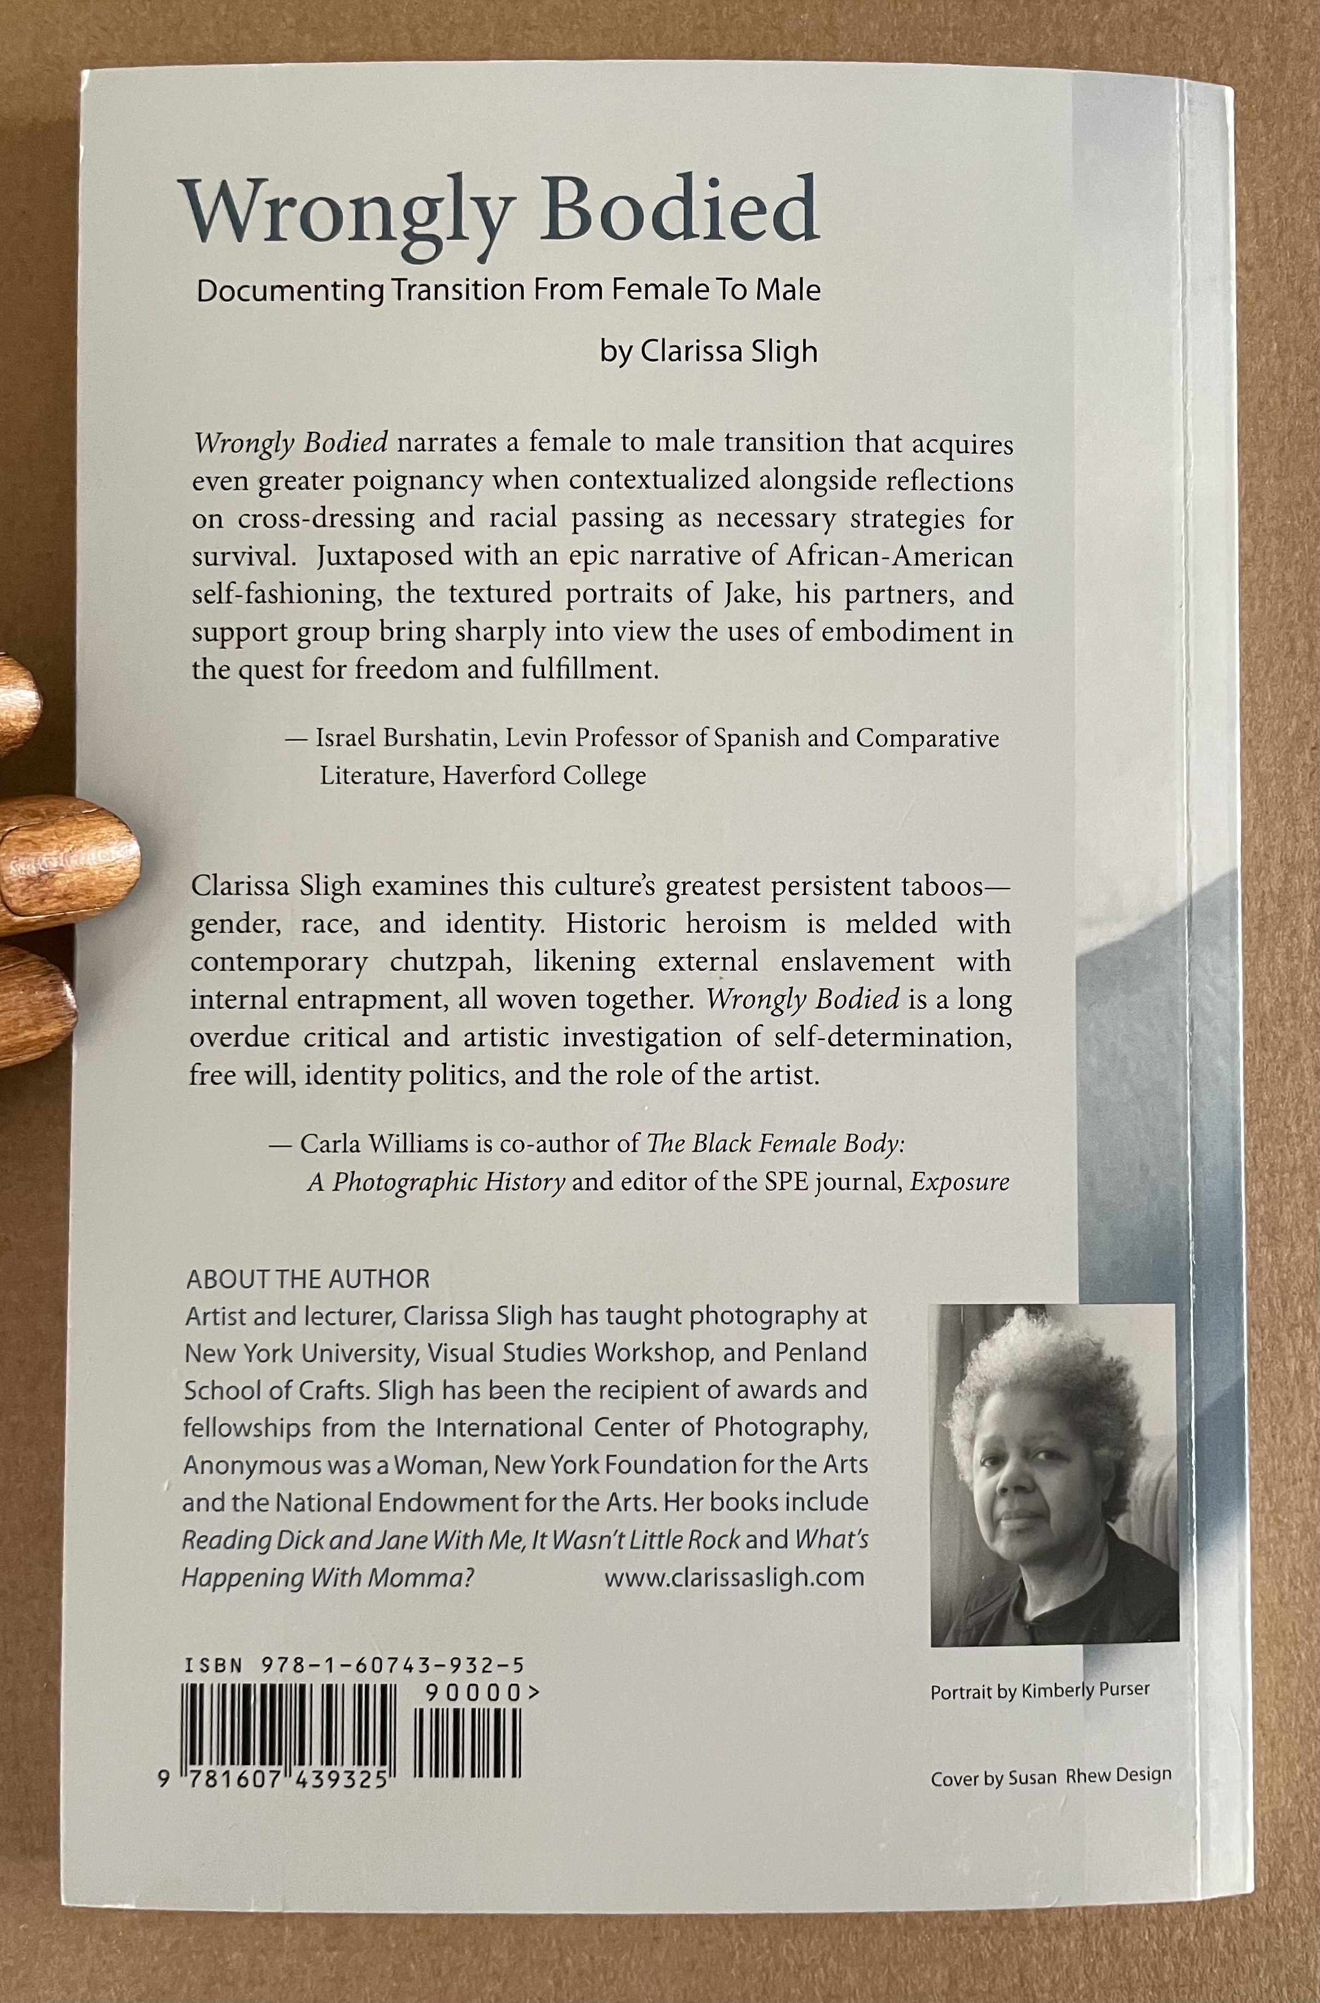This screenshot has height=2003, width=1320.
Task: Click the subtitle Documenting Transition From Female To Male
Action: [x=508, y=290]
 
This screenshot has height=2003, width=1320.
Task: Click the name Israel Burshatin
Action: [x=403, y=738]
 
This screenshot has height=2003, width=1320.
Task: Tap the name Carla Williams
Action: [x=384, y=1144]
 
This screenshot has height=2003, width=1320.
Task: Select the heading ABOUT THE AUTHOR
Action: [x=308, y=1279]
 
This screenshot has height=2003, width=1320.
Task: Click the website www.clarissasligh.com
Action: [x=734, y=1576]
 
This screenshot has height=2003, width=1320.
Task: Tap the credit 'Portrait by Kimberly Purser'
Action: [x=1039, y=1690]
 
